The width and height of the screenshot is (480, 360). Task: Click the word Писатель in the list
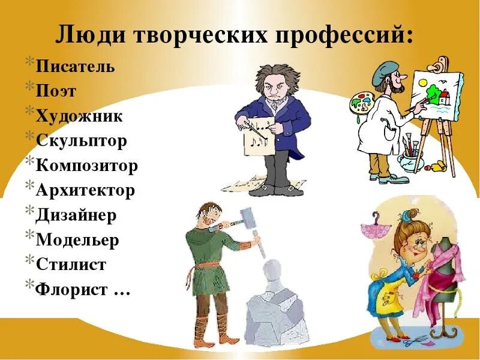click(x=75, y=65)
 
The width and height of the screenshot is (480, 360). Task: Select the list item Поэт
click(x=56, y=91)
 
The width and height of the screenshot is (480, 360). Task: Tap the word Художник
click(x=79, y=115)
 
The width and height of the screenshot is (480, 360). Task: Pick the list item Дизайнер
click(x=76, y=215)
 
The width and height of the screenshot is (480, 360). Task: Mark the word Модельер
click(x=77, y=240)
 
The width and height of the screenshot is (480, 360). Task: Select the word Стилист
click(x=71, y=265)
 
